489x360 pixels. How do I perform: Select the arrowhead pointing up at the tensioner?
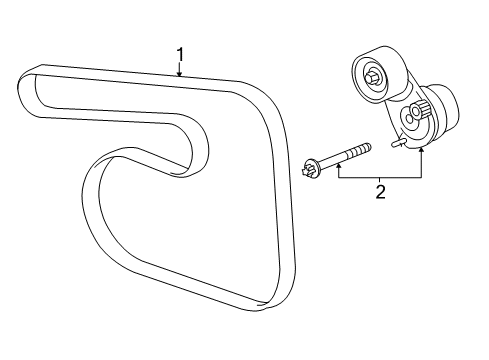421,149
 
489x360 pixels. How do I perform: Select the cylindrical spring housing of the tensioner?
440,110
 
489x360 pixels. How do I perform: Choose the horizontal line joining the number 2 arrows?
380,176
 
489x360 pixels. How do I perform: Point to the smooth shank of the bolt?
340,155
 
